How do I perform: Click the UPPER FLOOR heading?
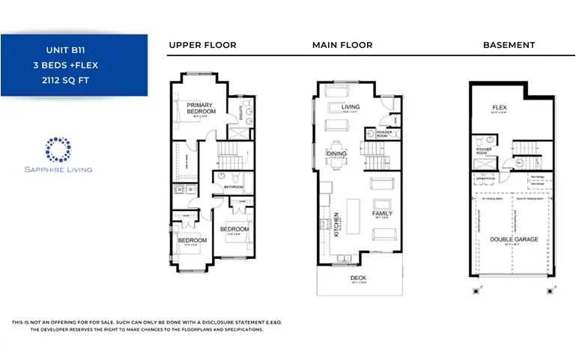point(202,45)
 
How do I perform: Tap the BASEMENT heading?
point(509,45)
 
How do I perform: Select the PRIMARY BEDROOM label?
point(201,109)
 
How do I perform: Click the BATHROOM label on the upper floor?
point(233,187)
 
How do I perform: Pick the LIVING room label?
point(351,107)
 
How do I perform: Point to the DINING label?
point(336,153)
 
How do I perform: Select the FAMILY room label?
point(382,213)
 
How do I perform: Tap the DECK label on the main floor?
point(359,278)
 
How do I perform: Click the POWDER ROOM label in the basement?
point(483,150)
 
